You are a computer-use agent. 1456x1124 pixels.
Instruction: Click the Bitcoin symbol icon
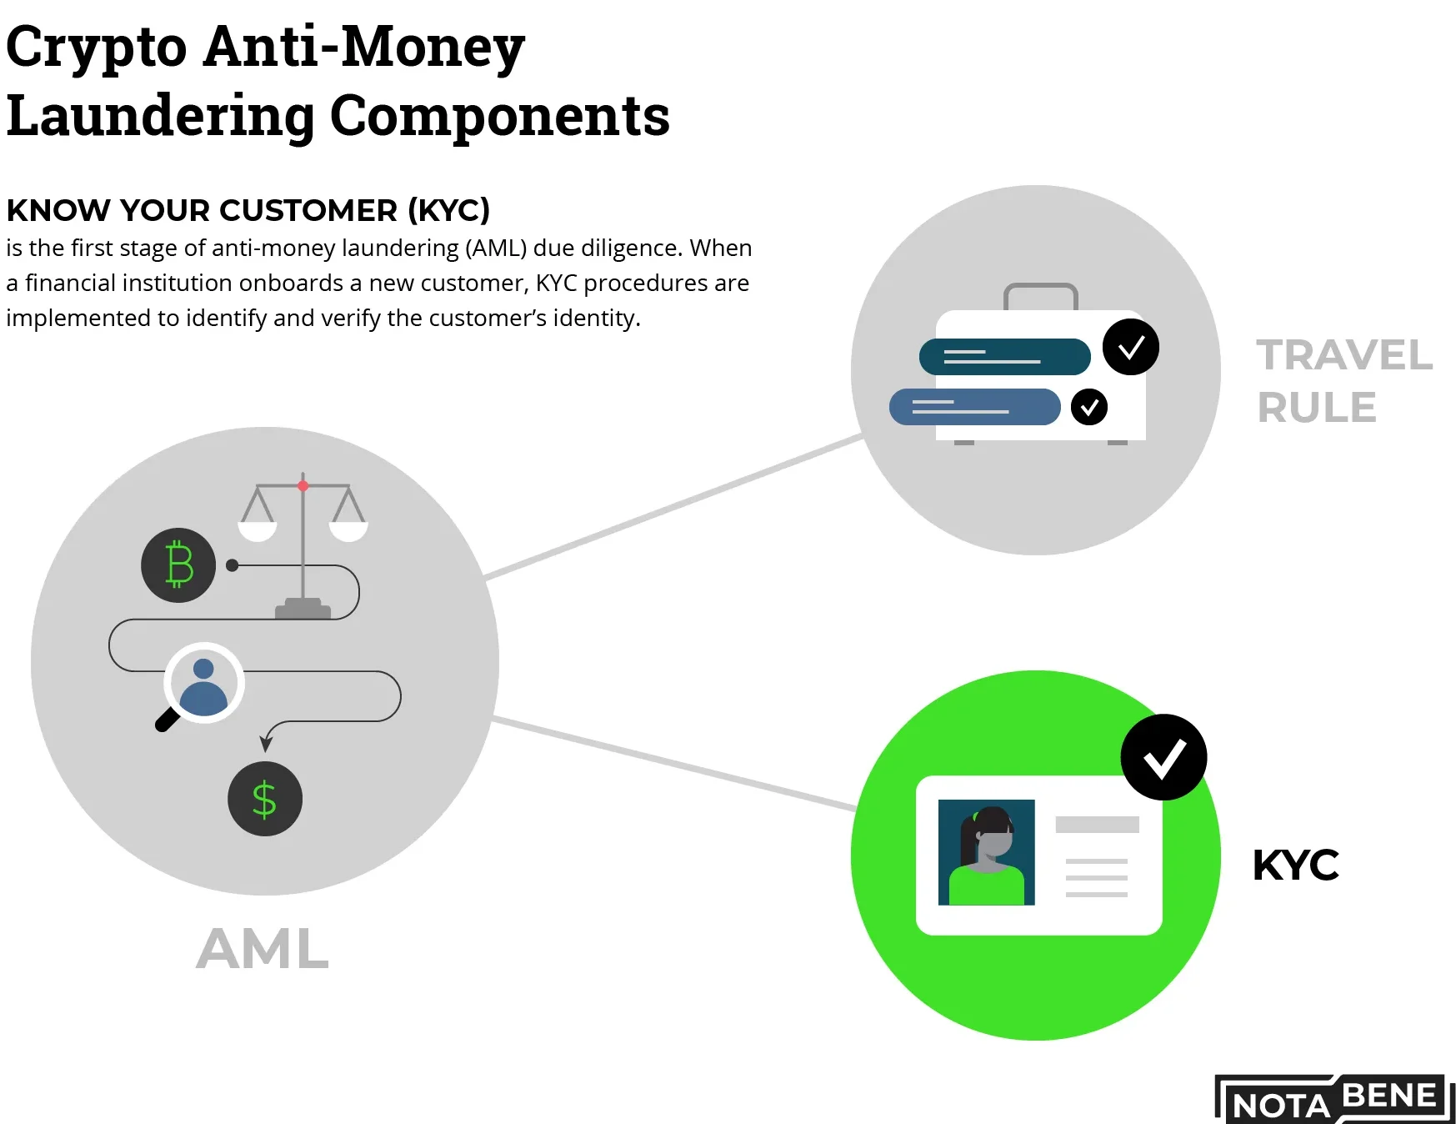(x=178, y=565)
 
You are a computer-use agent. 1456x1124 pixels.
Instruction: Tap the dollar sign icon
(x=264, y=799)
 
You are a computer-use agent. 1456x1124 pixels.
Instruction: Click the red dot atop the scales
(x=303, y=485)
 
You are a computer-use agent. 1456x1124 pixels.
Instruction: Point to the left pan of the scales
(x=258, y=529)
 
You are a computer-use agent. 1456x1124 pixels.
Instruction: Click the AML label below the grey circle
(x=263, y=949)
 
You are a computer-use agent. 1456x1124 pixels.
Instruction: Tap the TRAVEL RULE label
(x=1343, y=381)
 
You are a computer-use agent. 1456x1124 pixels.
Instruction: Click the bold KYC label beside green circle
(x=1295, y=866)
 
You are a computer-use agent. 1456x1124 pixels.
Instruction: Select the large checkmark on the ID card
(x=1163, y=757)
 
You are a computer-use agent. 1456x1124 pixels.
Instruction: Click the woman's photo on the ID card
(x=986, y=852)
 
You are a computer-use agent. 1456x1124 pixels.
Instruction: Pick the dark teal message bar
(x=1004, y=357)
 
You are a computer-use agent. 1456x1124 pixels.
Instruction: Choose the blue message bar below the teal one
(x=974, y=407)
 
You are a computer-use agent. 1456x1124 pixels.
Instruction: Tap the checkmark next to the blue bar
(x=1088, y=407)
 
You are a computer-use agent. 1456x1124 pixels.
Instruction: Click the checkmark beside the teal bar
(x=1130, y=347)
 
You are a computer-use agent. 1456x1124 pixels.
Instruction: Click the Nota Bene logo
(x=1333, y=1099)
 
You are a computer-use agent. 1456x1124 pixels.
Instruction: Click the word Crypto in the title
(x=96, y=47)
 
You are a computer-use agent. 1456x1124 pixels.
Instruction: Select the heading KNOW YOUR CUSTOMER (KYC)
(x=248, y=210)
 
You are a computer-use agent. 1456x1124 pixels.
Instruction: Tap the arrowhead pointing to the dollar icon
(x=266, y=743)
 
